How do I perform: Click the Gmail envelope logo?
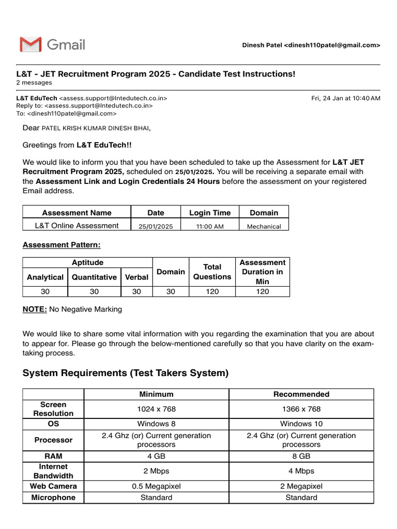click(x=30, y=45)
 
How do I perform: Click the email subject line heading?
click(x=156, y=74)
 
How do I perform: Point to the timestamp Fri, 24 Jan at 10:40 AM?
click(x=345, y=98)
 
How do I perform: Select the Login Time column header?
click(x=209, y=212)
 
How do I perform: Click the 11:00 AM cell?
click(x=209, y=226)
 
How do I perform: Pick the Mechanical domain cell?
click(x=264, y=226)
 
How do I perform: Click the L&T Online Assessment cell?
click(x=77, y=225)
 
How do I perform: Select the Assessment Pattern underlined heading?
click(x=62, y=244)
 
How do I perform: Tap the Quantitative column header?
click(x=94, y=277)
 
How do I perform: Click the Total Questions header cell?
click(x=212, y=272)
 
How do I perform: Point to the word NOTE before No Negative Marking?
click(x=35, y=309)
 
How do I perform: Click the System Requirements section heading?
click(x=126, y=373)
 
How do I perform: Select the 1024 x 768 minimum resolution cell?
click(x=156, y=409)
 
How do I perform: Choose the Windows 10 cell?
click(x=301, y=424)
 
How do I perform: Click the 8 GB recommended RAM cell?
click(x=301, y=456)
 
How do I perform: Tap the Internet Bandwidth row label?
click(x=53, y=471)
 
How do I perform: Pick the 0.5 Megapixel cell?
click(x=156, y=486)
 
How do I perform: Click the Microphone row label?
click(x=53, y=497)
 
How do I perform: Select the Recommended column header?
click(x=301, y=394)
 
